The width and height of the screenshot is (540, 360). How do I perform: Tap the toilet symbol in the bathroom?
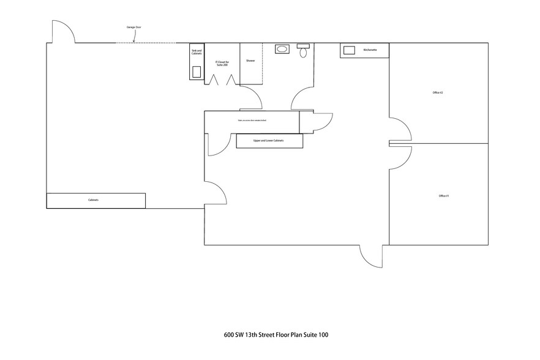(x=303, y=51)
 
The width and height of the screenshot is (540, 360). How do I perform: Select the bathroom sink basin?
(x=283, y=49)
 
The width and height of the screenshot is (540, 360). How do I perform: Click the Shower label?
(x=250, y=61)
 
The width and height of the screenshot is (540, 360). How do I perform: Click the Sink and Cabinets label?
(x=197, y=53)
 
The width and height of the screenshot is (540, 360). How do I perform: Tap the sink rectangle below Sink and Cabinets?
(x=197, y=71)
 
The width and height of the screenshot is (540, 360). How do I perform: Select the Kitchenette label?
(x=370, y=49)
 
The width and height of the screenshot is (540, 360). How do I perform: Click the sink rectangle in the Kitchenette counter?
(x=350, y=50)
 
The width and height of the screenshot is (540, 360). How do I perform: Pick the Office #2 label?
(x=437, y=92)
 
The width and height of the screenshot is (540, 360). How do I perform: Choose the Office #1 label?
(x=444, y=196)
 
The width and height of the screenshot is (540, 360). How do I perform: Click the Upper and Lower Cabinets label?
(x=269, y=141)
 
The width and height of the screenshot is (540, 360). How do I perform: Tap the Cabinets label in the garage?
(x=93, y=200)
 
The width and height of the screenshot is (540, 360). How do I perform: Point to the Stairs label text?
(x=251, y=121)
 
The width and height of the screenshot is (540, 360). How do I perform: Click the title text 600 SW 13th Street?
(x=276, y=335)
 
